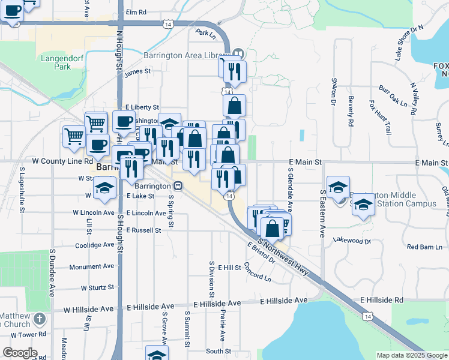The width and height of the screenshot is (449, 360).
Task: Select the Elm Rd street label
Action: coord(136,12)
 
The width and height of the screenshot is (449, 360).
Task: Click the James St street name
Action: coord(137,72)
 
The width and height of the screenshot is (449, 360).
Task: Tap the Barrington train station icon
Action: coord(179,186)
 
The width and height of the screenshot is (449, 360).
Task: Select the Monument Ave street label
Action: coord(92,266)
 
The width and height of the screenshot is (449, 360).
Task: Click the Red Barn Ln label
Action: coord(424,247)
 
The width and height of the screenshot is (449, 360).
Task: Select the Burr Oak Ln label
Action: coord(393,96)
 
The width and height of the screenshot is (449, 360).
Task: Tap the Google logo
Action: coord(20,353)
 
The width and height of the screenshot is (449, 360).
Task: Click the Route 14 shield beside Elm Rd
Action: coord(168,23)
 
